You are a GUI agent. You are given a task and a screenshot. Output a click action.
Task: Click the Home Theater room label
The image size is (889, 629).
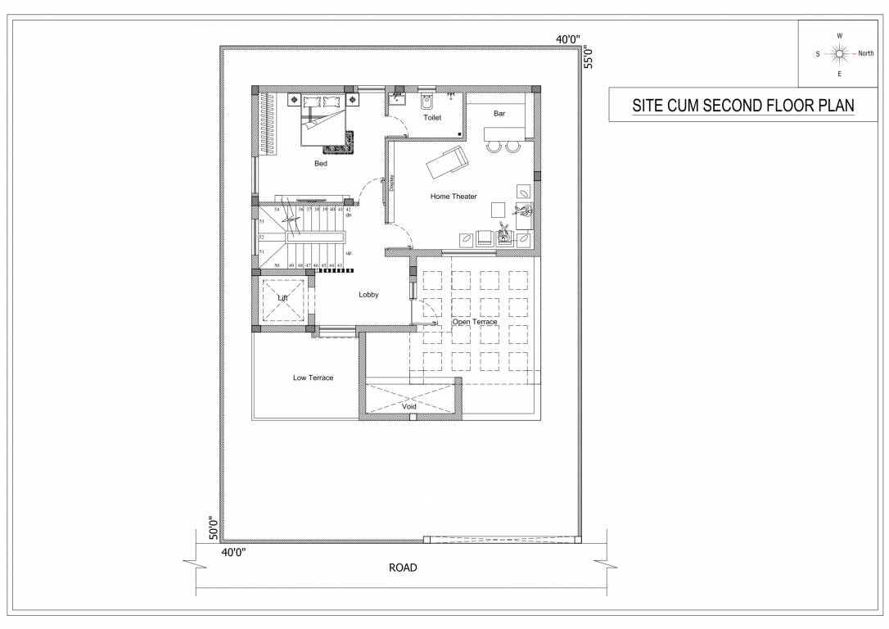[454, 197]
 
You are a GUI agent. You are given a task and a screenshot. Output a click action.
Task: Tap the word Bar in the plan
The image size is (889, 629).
[499, 114]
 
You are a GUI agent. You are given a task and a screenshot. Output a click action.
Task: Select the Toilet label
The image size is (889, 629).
[432, 118]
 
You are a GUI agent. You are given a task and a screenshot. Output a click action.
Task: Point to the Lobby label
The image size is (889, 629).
[368, 294]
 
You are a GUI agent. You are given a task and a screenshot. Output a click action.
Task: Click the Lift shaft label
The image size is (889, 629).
[283, 298]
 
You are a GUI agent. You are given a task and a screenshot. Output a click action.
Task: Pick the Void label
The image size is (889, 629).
[409, 406]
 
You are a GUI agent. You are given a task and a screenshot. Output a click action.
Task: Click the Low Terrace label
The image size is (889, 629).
[313, 378]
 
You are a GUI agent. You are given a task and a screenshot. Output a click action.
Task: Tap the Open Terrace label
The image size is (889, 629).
[475, 322]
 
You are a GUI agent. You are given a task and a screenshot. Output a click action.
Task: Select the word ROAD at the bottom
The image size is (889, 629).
[403, 568]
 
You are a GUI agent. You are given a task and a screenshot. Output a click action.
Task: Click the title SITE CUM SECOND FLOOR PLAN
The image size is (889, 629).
[742, 106]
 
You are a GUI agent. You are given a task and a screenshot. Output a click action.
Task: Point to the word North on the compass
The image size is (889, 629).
[865, 53]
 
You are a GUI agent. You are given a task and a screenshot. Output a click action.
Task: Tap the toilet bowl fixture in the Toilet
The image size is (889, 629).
[426, 102]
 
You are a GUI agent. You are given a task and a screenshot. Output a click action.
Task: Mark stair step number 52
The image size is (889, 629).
[261, 236]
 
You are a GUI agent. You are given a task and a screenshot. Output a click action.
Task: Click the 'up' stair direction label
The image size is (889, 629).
[348, 253]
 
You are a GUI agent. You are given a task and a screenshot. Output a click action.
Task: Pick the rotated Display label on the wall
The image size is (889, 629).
[392, 183]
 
